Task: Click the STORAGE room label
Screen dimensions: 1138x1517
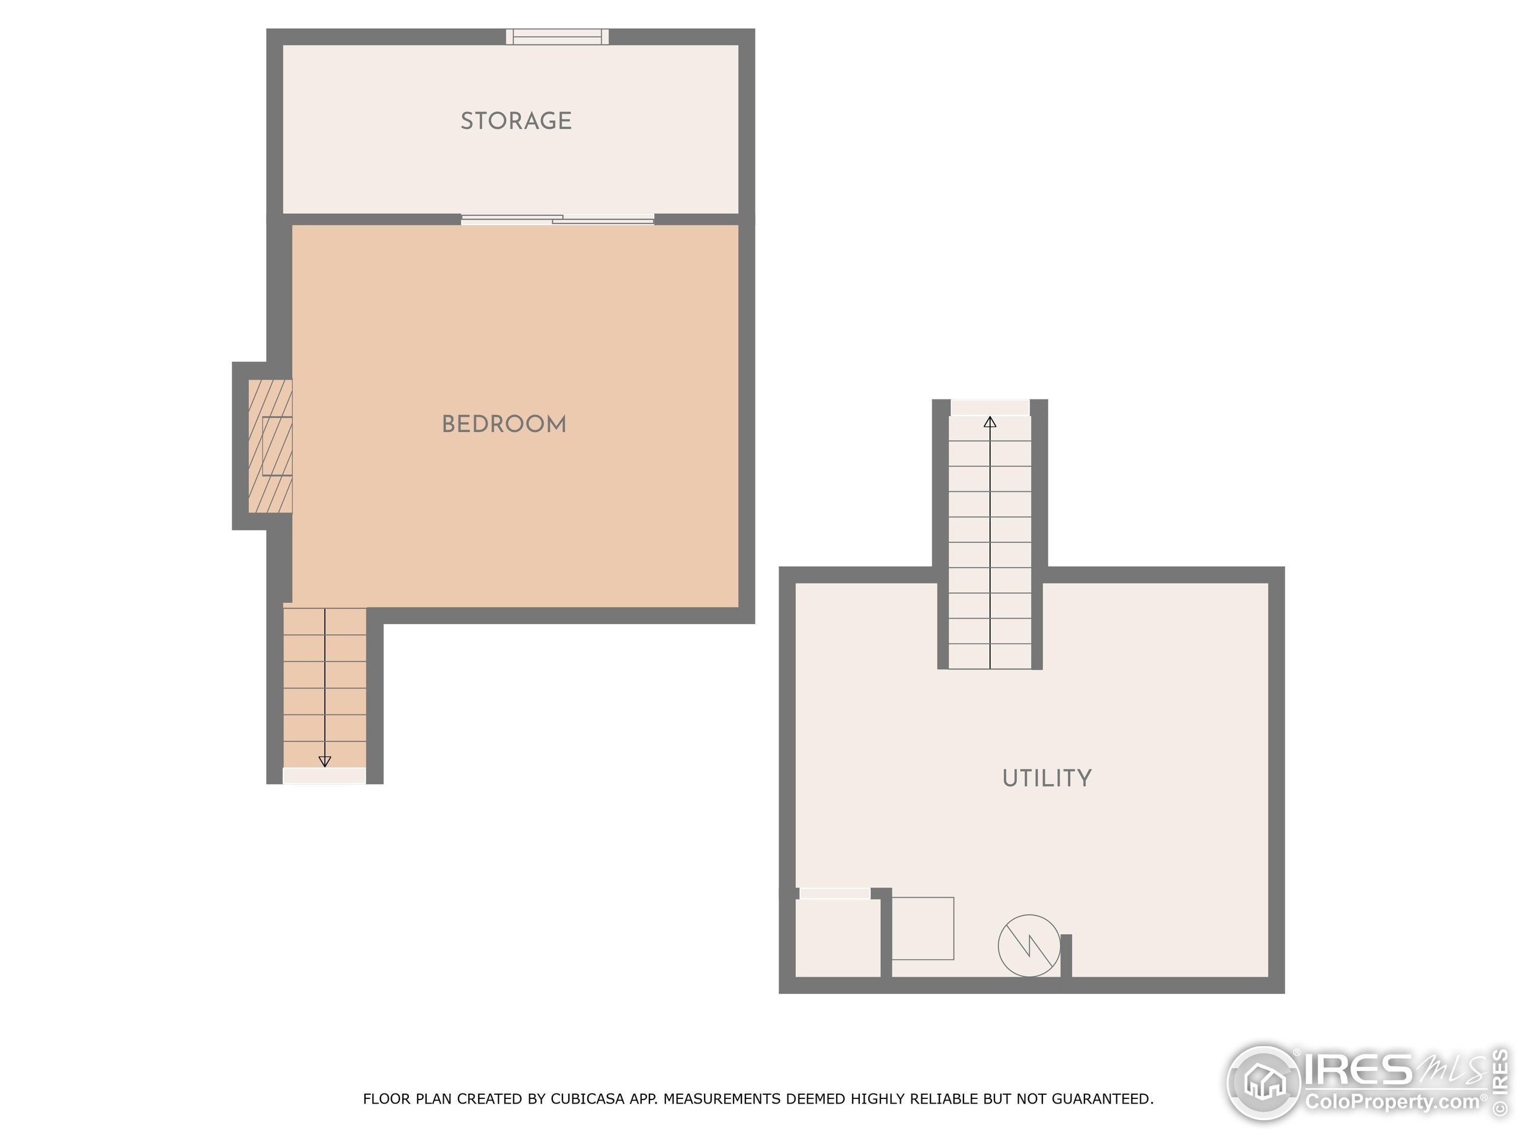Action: [x=516, y=121]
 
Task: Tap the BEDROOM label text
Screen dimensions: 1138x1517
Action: [x=504, y=424]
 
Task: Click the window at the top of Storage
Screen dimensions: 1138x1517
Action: [x=557, y=36]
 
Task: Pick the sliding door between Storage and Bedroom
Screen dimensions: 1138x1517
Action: [x=557, y=219]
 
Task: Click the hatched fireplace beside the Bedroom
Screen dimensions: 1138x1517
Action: [x=270, y=446]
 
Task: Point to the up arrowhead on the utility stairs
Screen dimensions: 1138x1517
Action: [x=990, y=423]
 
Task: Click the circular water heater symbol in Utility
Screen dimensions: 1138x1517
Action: [x=1029, y=945]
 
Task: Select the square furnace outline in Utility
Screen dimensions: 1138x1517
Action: [x=923, y=928]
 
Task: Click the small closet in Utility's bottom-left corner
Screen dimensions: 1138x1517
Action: [x=838, y=938]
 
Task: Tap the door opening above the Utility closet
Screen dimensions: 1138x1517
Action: [x=834, y=893]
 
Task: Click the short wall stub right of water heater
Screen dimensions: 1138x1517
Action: [x=1065, y=955]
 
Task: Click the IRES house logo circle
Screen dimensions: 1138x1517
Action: [x=1263, y=1082]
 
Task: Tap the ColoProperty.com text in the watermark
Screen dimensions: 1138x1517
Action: [x=1392, y=1102]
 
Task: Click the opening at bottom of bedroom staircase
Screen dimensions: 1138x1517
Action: [x=324, y=776]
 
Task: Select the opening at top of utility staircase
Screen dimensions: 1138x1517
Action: [x=990, y=407]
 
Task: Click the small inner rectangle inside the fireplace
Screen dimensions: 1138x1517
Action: [x=277, y=446]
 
